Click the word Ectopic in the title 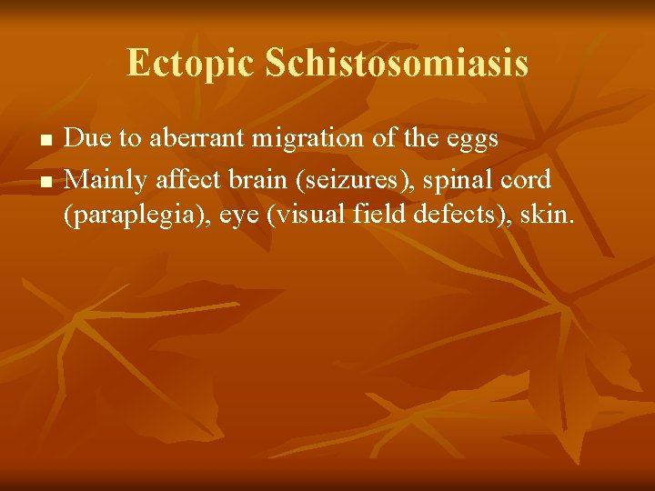tap(191, 64)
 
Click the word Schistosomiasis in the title tap(397, 64)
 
